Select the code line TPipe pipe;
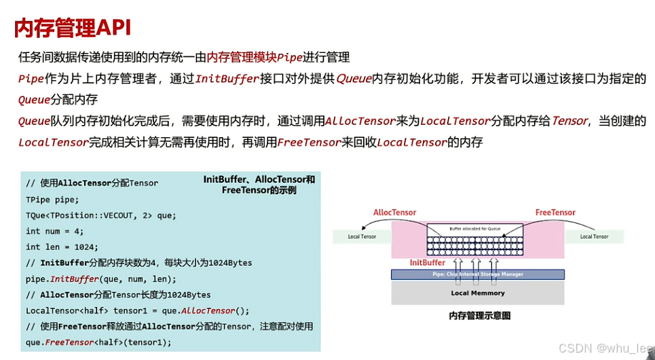52,200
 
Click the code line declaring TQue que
100,215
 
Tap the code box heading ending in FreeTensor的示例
260,185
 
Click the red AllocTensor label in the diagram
394,213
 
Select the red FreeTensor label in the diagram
555,213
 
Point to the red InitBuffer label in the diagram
427,262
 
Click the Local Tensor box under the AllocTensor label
362,236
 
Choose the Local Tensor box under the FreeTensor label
595,236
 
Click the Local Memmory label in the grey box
478,293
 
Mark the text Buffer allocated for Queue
477,228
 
